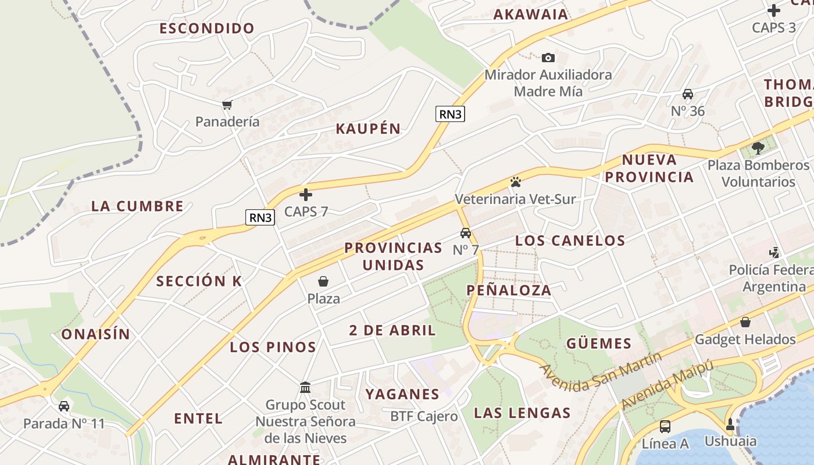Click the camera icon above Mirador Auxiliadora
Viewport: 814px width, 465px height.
tap(548, 58)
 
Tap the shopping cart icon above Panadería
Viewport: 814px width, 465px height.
tap(227, 105)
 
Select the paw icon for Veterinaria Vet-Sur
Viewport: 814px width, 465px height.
tap(515, 182)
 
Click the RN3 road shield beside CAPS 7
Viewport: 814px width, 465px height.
tap(260, 217)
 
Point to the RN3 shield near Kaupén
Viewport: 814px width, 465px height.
tap(450, 114)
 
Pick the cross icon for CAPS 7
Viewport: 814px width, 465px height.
tap(306, 194)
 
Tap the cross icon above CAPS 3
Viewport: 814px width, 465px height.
tap(773, 10)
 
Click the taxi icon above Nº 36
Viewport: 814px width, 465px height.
tap(688, 94)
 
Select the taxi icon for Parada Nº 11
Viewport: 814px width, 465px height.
tap(64, 406)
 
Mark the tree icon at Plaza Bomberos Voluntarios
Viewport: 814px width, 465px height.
tap(758, 148)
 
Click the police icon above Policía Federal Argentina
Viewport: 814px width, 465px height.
tap(774, 253)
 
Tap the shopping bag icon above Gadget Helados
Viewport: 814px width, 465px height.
tap(745, 322)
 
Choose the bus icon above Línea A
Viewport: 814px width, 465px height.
tap(665, 426)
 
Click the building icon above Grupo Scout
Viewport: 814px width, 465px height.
tap(305, 387)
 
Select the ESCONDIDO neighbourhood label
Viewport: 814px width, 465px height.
tap(207, 28)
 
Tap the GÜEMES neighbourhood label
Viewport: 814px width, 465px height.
tap(599, 343)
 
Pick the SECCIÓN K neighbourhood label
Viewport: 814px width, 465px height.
tap(199, 281)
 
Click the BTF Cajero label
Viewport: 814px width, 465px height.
tap(424, 416)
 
